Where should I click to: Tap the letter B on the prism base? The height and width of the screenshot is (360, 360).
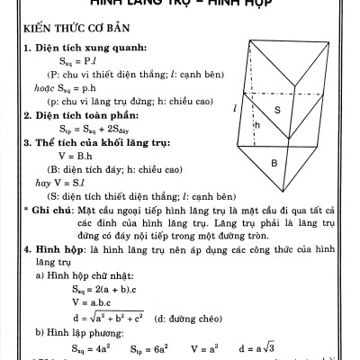[x=274, y=164]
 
